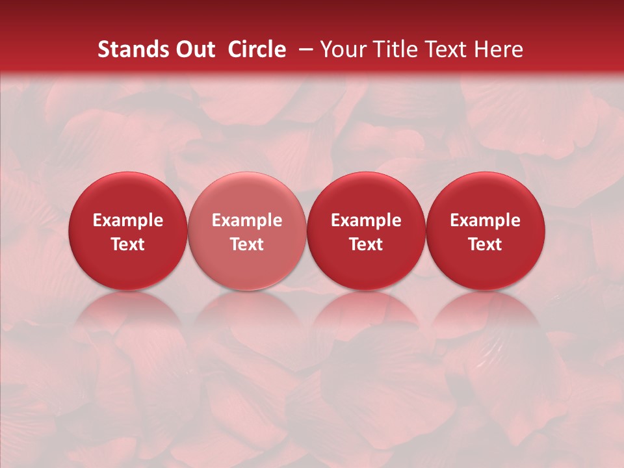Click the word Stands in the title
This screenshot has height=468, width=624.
pyautogui.click(x=131, y=49)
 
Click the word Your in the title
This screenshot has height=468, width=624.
pyautogui.click(x=343, y=49)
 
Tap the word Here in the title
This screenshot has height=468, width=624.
pyautogui.click(x=498, y=49)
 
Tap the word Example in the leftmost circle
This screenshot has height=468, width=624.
pyautogui.click(x=128, y=221)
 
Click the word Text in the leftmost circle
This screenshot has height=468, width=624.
pyautogui.click(x=128, y=244)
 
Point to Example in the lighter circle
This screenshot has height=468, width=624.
pyautogui.click(x=247, y=221)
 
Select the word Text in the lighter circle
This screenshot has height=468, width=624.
pyautogui.click(x=247, y=244)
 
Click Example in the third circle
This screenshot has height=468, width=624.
pyautogui.click(x=366, y=221)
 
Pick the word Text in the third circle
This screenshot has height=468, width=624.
pyautogui.click(x=366, y=244)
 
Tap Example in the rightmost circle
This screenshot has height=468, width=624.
pyautogui.click(x=485, y=221)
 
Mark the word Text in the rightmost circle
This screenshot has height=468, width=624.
pyautogui.click(x=485, y=244)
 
